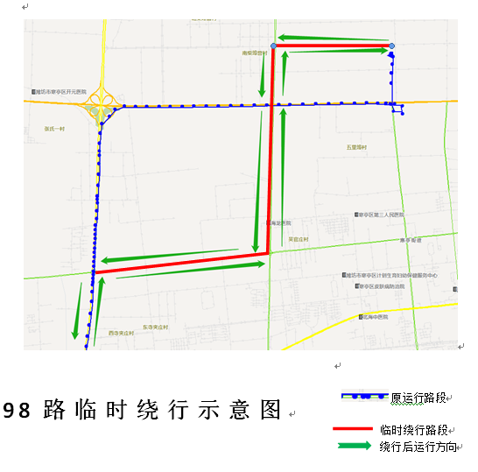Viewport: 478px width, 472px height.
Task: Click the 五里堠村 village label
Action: tap(355, 148)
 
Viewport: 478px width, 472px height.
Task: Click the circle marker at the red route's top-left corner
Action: tap(274, 46)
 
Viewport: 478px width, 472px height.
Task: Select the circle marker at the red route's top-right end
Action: tap(391, 46)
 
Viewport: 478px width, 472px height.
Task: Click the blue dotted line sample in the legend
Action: tap(364, 396)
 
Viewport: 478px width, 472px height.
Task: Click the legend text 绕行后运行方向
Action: tap(418, 447)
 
